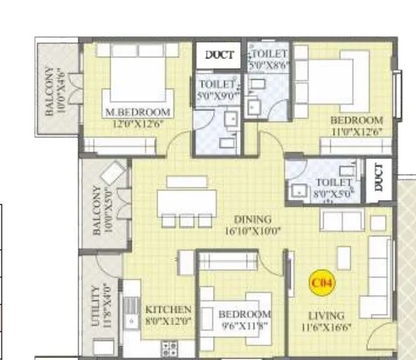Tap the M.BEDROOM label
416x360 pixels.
coord(138,112)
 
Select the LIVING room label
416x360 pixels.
coord(326,316)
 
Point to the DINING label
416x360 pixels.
coord(253,220)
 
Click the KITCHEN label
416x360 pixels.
coord(168,309)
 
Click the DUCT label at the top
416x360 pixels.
coord(219,55)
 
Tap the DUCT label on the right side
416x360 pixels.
coord(378,177)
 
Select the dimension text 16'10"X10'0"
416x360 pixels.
coord(253,231)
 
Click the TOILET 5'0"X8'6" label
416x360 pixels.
coord(269,59)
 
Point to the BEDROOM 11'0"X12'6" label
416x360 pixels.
coord(355,125)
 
